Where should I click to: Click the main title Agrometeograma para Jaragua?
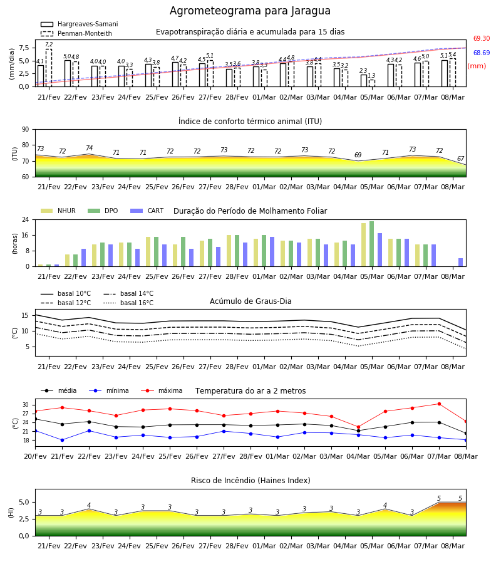pos(250,11)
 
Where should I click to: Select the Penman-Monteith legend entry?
pos(76,33)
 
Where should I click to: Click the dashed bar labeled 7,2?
pos(48,68)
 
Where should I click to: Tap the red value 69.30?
pos(482,38)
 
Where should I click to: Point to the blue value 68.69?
pos(482,53)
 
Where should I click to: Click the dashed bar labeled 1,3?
pos(372,83)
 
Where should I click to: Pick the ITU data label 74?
pos(89,148)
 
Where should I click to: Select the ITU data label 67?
pos(460,159)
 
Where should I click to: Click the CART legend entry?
pos(147,211)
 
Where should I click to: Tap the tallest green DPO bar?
pos(371,244)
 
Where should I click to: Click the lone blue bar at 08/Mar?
pos(461,262)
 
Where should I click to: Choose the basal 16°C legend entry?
pos(128,303)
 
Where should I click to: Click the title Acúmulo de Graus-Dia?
pos(250,301)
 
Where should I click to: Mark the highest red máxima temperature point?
pos(439,404)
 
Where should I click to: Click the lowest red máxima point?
pos(358,427)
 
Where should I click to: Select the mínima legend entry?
pos(109,390)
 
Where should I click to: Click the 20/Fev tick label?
pos(35,456)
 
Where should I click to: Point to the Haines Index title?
pos(250,480)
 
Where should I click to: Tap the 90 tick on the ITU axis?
pos(26,130)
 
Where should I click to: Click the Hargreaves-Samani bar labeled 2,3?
pos(364,81)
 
